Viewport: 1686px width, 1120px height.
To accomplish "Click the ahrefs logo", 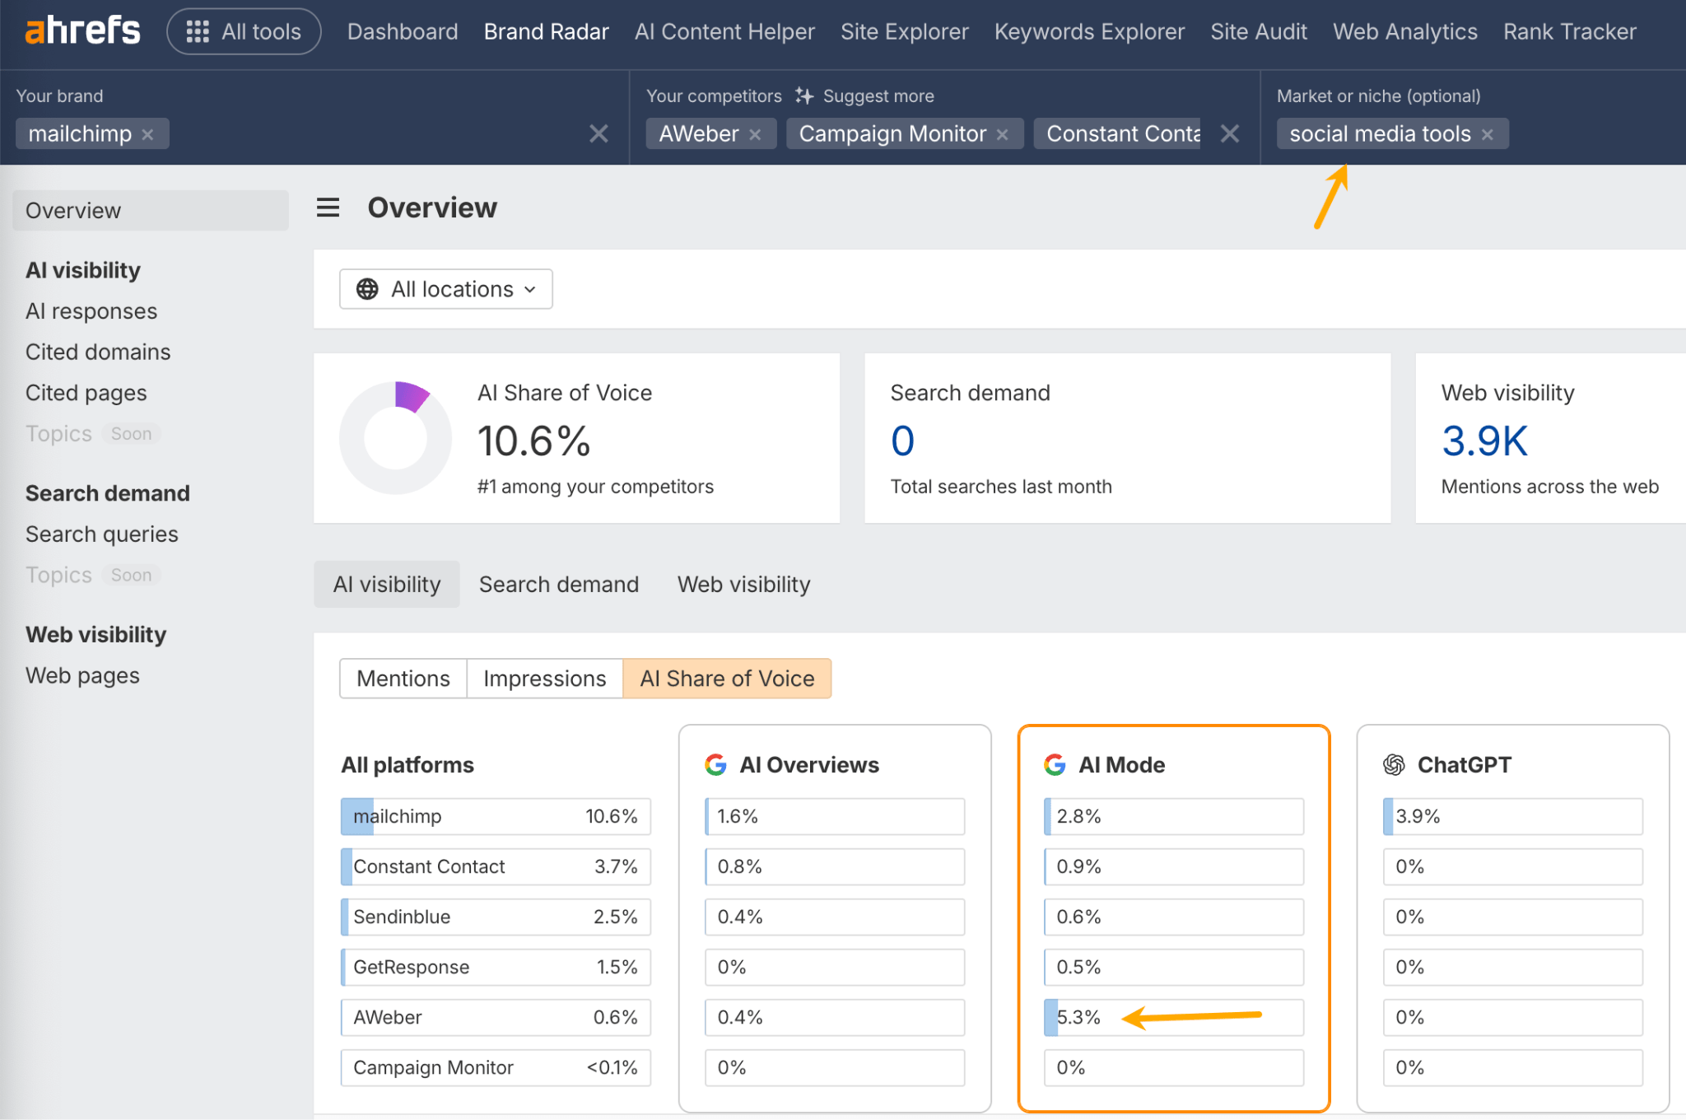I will click(x=82, y=31).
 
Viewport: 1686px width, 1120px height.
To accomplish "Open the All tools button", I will click(x=244, y=31).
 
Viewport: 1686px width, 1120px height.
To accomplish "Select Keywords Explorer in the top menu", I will click(x=1088, y=31).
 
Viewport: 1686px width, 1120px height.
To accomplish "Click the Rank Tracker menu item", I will click(x=1569, y=31).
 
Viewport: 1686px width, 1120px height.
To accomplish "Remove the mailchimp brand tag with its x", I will click(x=148, y=134).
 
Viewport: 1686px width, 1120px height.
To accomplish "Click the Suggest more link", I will click(x=878, y=96).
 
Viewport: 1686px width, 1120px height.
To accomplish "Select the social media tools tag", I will click(x=1379, y=133).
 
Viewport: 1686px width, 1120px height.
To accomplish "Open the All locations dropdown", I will click(x=445, y=289).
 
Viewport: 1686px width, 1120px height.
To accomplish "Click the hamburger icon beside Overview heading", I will click(x=328, y=208).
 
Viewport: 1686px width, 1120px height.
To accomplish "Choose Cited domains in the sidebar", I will click(x=98, y=352).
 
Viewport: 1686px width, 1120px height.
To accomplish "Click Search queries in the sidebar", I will click(x=101, y=534).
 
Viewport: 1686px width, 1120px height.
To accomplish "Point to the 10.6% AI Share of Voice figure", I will click(x=533, y=441).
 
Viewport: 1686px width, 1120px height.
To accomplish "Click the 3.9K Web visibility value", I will click(x=1483, y=441).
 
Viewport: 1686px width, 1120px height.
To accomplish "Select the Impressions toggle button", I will click(x=544, y=679).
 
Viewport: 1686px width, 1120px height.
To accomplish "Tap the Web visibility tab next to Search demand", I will click(x=743, y=584).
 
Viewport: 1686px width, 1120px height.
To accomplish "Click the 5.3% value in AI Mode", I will click(x=1078, y=1017).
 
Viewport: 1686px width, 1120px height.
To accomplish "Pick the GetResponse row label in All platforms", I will click(x=411, y=967).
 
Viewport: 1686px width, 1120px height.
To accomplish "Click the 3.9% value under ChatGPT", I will click(x=1417, y=816).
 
